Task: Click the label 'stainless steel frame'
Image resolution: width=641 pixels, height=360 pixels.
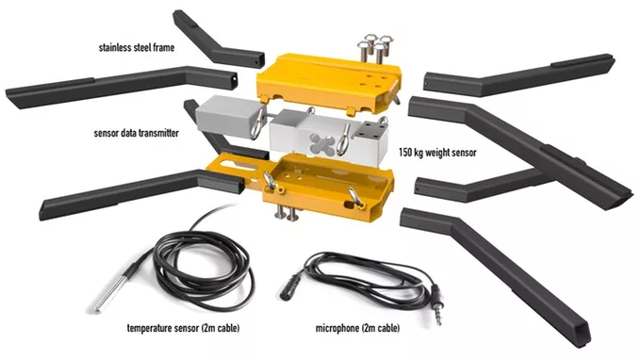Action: coord(137,47)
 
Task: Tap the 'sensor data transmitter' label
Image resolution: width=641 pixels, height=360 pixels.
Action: coord(136,133)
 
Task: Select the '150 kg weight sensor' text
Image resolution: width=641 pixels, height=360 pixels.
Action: coord(437,153)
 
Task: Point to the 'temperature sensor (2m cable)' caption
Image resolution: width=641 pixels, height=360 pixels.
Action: coord(183,328)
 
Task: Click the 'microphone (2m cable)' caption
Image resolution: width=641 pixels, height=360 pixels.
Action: coord(357,328)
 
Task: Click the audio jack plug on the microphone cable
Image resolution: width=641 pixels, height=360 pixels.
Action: coord(436,304)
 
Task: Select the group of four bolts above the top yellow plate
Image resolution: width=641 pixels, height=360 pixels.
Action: coord(375,48)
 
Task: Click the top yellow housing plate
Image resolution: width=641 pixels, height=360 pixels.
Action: coord(329,83)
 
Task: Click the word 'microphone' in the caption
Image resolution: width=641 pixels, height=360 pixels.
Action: coord(337,328)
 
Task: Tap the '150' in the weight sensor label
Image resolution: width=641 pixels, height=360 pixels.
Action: coord(405,153)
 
